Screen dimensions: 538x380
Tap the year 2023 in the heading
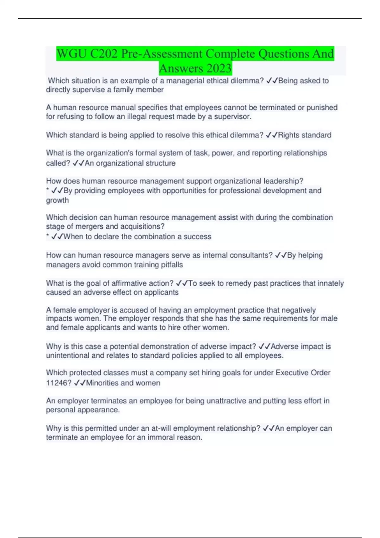pyautogui.click(x=218, y=68)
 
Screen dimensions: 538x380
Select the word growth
pyautogui.click(x=57, y=200)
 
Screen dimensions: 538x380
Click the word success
pyautogui.click(x=197, y=237)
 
